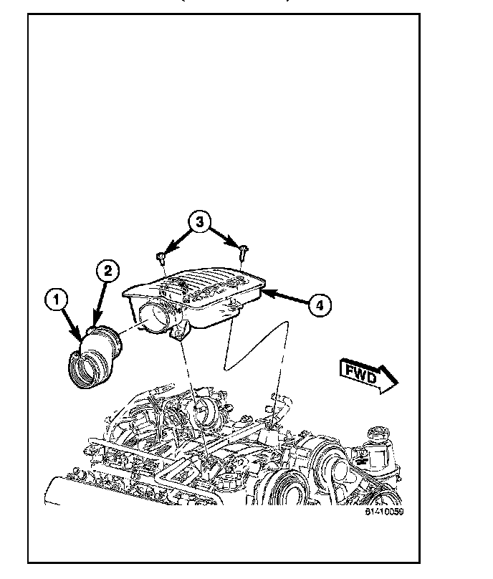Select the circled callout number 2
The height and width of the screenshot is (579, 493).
tap(107, 270)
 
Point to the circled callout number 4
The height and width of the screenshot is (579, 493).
tap(320, 305)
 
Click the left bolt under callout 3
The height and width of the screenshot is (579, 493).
tap(163, 255)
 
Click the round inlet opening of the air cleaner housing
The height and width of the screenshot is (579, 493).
tap(156, 315)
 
